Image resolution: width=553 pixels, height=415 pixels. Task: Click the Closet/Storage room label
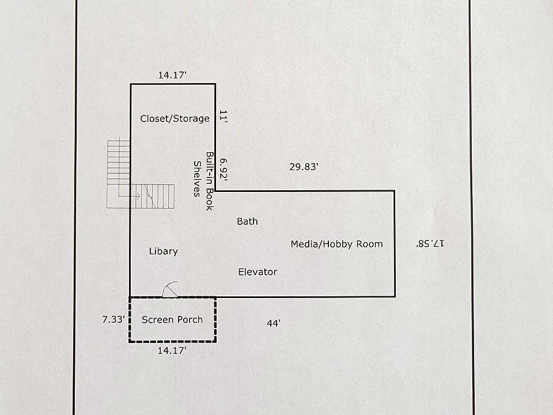pos(175,119)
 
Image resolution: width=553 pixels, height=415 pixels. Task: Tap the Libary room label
pos(163,251)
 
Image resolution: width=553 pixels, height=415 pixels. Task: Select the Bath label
pos(247,221)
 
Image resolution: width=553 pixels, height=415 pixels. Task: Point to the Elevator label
pos(257,272)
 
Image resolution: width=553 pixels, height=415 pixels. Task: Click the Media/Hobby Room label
pos(336,244)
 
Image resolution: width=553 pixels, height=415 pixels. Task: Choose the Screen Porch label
pos(172,319)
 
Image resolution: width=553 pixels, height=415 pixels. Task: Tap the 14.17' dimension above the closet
pos(172,75)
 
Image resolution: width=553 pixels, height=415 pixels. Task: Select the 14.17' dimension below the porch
pos(172,350)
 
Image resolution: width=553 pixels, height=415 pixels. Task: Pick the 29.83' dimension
pos(304,167)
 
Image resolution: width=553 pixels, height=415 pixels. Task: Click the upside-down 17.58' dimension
pos(430,244)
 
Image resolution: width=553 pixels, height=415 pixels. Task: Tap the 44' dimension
pos(274,323)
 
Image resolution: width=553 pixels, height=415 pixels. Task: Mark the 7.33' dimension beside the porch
pos(112,319)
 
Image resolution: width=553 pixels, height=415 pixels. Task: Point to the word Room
pos(370,244)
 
